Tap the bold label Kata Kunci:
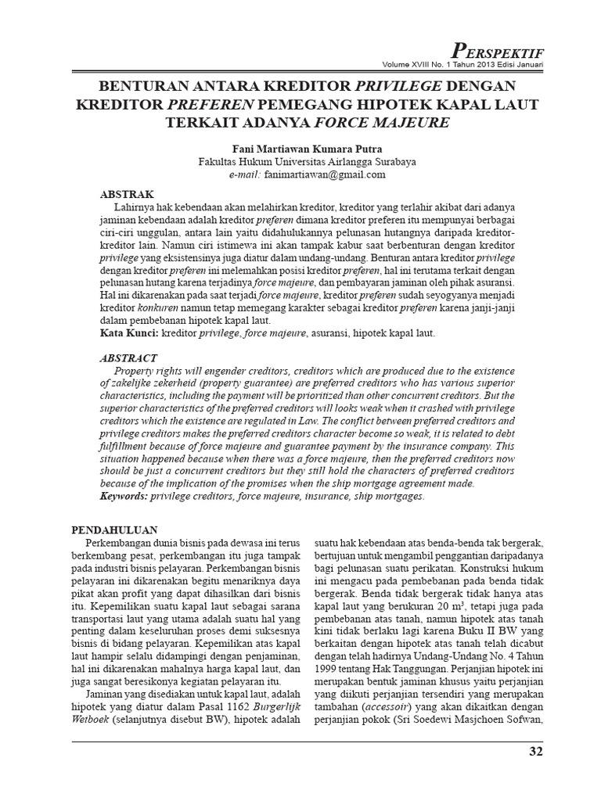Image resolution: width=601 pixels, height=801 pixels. [x=130, y=333]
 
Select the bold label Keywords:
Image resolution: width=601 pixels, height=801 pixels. [x=129, y=497]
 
